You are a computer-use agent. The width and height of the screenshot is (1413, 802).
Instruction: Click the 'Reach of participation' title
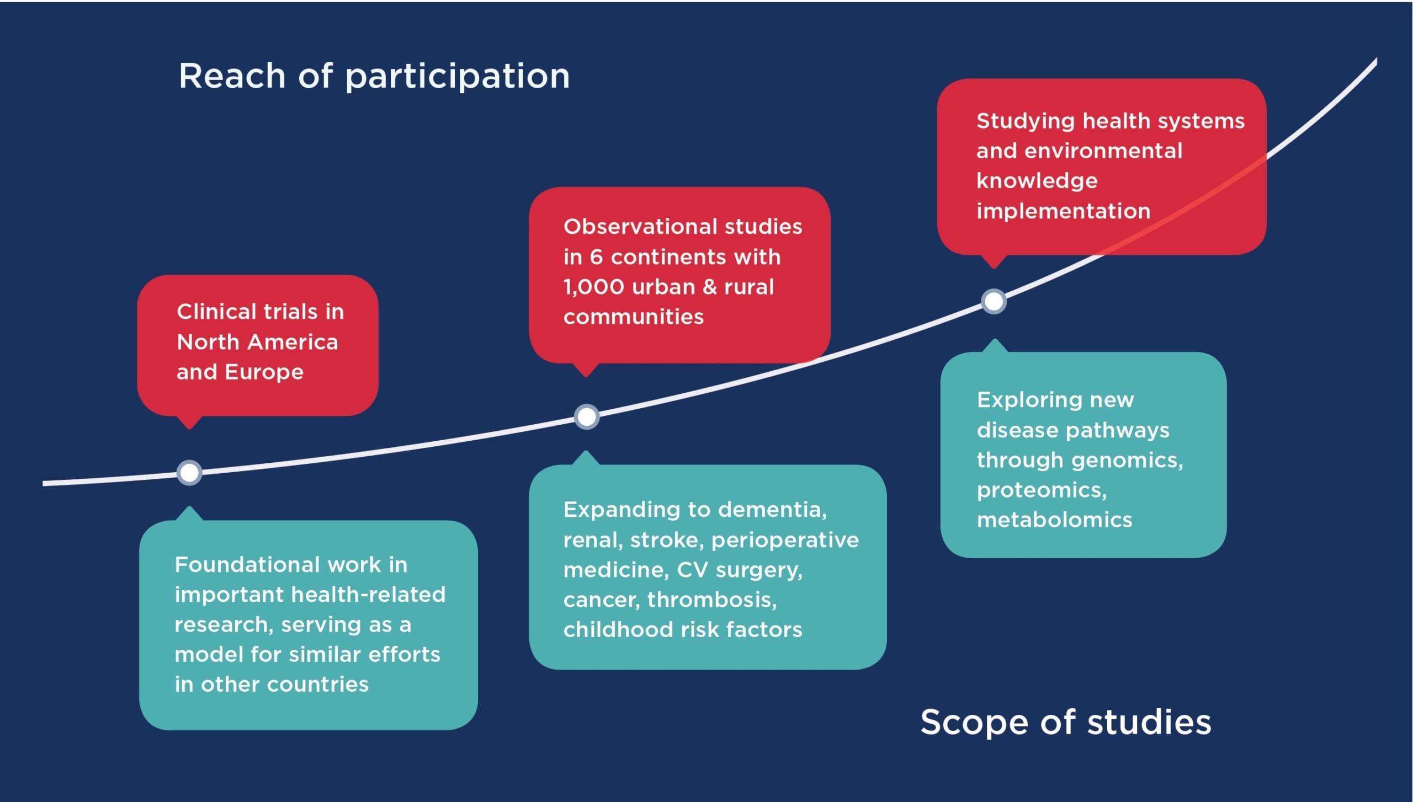click(x=374, y=77)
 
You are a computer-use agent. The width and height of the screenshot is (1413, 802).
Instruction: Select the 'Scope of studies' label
click(x=1066, y=722)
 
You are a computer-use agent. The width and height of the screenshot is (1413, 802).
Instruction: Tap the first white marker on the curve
click(x=189, y=473)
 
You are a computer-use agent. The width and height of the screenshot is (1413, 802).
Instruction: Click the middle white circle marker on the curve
click(x=587, y=416)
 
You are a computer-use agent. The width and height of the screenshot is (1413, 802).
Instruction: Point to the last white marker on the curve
click(x=994, y=301)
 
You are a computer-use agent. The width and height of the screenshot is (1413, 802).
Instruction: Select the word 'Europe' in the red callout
click(x=264, y=373)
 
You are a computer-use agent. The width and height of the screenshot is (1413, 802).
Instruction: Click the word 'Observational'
click(x=640, y=227)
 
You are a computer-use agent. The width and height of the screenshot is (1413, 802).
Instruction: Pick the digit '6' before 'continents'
click(x=596, y=257)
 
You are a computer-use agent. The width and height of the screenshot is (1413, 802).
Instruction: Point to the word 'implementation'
click(x=1064, y=211)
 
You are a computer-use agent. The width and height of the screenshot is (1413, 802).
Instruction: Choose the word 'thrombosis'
click(x=712, y=600)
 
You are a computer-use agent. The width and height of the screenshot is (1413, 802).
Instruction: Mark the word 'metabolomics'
click(x=1055, y=520)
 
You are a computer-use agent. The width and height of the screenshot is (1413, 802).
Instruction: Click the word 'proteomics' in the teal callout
click(x=1042, y=491)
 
